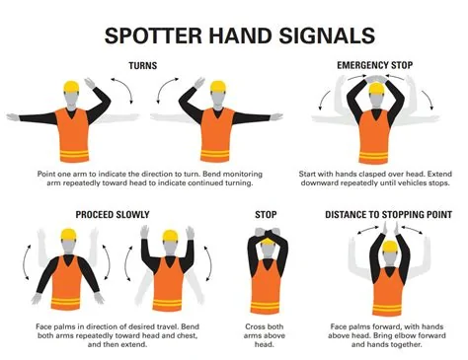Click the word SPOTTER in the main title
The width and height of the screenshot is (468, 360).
pyautogui.click(x=153, y=36)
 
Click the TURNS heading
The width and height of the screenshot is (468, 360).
pyautogui.click(x=143, y=66)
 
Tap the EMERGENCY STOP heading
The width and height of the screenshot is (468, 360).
pyautogui.click(x=374, y=65)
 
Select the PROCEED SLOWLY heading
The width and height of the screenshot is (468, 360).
pyautogui.click(x=113, y=215)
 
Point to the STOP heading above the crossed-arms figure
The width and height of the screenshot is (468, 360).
pyautogui.click(x=266, y=215)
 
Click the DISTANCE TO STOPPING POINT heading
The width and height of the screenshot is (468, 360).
pyautogui.click(x=388, y=215)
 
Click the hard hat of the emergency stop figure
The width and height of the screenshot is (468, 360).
pyautogui.click(x=377, y=89)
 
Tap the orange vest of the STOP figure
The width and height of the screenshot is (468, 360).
pyautogui.click(x=266, y=286)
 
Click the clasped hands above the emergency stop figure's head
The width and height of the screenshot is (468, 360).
pyautogui.click(x=375, y=79)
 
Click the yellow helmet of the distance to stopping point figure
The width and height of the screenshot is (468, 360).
pyautogui.click(x=390, y=247)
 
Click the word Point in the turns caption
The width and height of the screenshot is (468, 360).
pyautogui.click(x=46, y=174)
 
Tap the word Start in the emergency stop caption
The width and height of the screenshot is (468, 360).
pyautogui.click(x=307, y=174)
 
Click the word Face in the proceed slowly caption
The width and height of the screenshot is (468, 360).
pyautogui.click(x=44, y=326)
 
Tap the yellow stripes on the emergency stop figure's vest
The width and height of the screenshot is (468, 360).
pyautogui.click(x=373, y=157)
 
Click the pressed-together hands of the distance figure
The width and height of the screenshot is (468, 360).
pyautogui.click(x=390, y=228)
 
